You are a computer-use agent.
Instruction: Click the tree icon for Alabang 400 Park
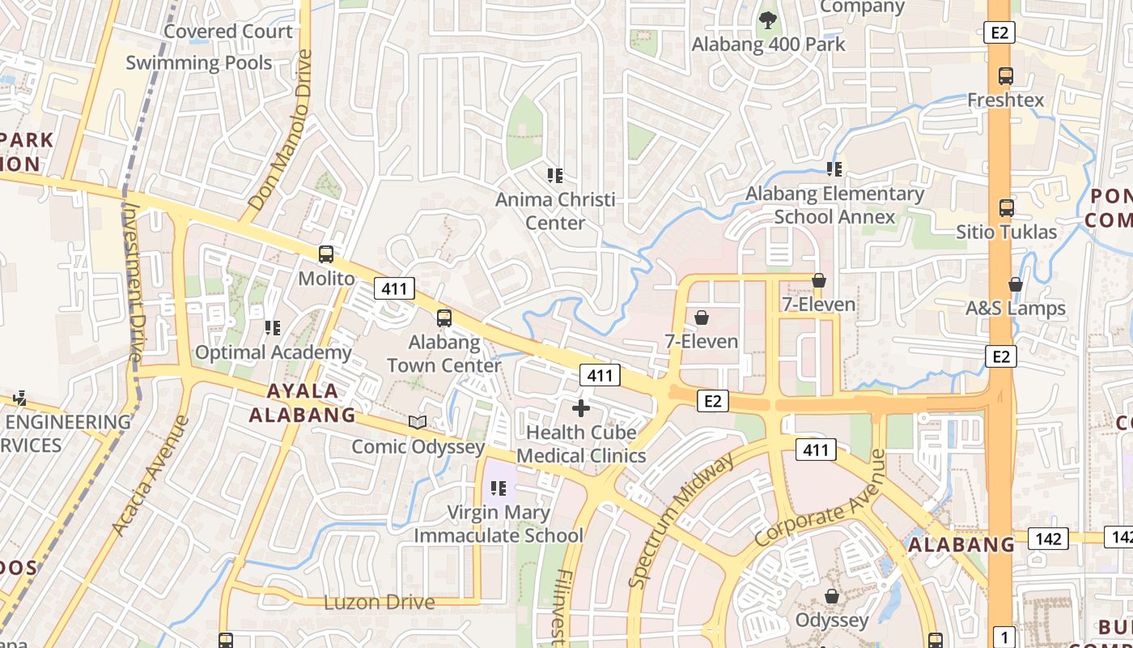pyautogui.click(x=767, y=19)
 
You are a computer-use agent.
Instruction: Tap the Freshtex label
pyautogui.click(x=1006, y=100)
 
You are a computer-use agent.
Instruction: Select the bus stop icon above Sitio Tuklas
pyautogui.click(x=1006, y=208)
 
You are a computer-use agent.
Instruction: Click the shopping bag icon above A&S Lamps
pyautogui.click(x=1016, y=284)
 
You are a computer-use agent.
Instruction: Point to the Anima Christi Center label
pyautogui.click(x=555, y=211)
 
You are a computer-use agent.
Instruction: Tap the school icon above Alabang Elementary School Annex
pyautogui.click(x=834, y=169)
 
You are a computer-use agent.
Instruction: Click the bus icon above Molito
pyautogui.click(x=326, y=254)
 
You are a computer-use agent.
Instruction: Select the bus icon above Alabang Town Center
pyautogui.click(x=444, y=318)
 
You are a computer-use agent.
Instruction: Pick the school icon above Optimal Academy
pyautogui.click(x=273, y=328)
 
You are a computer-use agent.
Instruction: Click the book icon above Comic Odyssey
pyautogui.click(x=418, y=422)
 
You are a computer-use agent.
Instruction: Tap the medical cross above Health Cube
pyautogui.click(x=581, y=408)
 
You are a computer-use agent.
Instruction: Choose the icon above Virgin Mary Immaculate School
pyautogui.click(x=499, y=488)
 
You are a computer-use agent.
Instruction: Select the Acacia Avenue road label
pyautogui.click(x=150, y=476)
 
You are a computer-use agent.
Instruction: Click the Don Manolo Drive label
pyautogui.click(x=281, y=131)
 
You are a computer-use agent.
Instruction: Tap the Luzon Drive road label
pyautogui.click(x=379, y=603)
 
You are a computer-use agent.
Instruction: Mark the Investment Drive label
pyautogui.click(x=133, y=282)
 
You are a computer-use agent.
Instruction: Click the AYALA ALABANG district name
pyautogui.click(x=302, y=403)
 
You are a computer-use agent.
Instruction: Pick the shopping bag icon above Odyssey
pyautogui.click(x=831, y=597)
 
